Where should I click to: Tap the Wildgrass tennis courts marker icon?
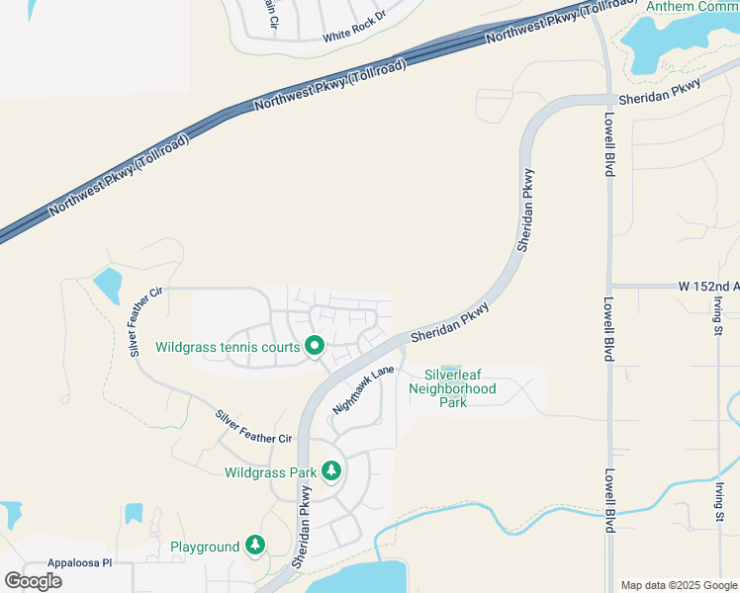pos(315,346)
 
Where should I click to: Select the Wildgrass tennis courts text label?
pos(228,347)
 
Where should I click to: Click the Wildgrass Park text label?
pos(270,472)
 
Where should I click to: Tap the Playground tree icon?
pos(255,546)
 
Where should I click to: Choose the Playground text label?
pos(205,547)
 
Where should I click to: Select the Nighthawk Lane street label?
pos(364,388)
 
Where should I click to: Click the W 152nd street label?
pos(708,286)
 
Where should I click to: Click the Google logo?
pos(33,580)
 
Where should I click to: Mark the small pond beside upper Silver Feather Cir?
pos(107,285)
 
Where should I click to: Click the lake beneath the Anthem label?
pos(665,44)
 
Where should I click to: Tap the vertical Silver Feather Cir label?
pos(144,321)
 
